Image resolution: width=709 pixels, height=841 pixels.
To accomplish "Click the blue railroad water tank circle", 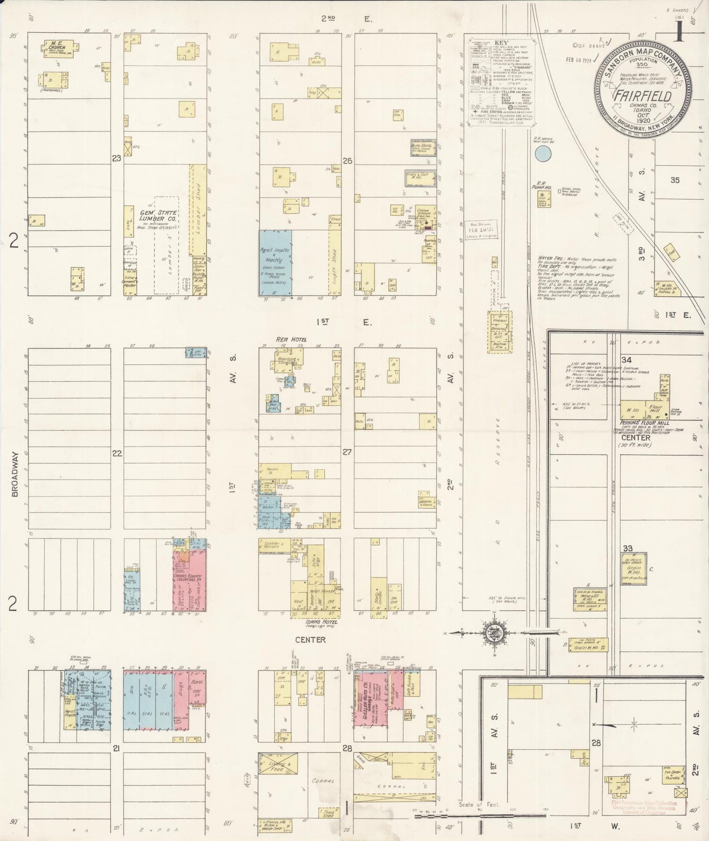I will (x=543, y=154).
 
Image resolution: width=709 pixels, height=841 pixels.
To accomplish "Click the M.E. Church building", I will (x=59, y=48).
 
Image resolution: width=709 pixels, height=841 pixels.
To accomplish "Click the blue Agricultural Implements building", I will (x=275, y=263).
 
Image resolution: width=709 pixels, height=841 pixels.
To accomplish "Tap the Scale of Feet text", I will (x=478, y=804).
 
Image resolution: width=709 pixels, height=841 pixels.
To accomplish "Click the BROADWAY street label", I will (x=14, y=474).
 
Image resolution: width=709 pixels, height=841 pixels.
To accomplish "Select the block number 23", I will (x=116, y=158).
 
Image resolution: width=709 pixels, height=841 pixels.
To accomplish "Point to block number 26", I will (x=347, y=160).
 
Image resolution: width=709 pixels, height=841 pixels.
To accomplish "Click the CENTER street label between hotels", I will (x=310, y=639).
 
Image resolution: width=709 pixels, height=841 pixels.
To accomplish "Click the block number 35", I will (x=675, y=180).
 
